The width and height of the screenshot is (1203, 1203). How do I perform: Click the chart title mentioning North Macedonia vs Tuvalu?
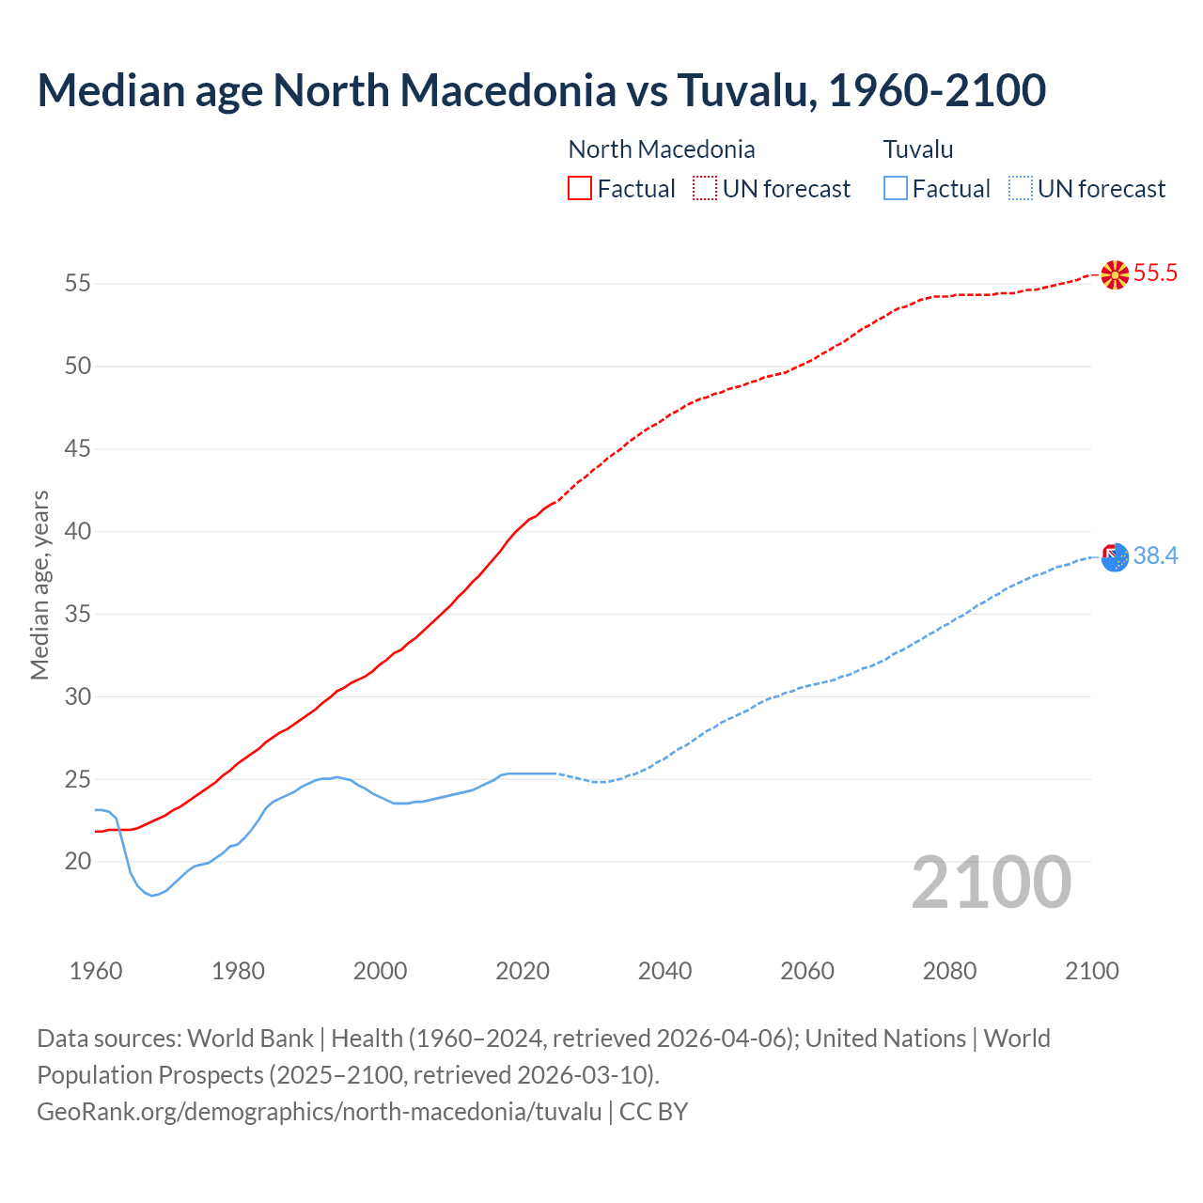click(541, 91)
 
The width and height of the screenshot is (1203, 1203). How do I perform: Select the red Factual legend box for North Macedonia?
click(580, 189)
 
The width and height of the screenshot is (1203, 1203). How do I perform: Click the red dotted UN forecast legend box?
click(705, 189)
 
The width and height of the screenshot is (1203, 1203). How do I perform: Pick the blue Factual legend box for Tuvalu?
click(896, 189)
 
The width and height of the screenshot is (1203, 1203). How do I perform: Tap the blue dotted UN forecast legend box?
click(1021, 189)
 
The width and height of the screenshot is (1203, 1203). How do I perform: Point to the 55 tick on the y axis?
click(78, 283)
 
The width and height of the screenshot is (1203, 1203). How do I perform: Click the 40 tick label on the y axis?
click(78, 531)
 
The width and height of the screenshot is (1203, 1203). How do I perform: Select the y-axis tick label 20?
click(78, 861)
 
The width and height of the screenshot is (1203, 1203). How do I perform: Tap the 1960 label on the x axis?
click(96, 971)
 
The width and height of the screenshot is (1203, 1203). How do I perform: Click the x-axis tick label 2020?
click(523, 971)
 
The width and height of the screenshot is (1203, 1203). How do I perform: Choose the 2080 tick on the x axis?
click(949, 971)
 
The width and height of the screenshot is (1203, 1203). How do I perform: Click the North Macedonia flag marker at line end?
click(1115, 274)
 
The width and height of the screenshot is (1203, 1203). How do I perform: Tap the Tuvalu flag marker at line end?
click(1115, 557)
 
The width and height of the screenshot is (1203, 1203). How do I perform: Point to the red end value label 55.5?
click(1155, 273)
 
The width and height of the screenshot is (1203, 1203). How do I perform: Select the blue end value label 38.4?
click(1155, 556)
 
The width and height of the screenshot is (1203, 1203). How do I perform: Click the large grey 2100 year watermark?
click(991, 883)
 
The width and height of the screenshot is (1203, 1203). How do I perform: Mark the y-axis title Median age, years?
click(39, 585)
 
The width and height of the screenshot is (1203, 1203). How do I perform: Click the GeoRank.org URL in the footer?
click(319, 1112)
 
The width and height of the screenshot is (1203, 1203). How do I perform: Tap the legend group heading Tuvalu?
click(918, 149)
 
